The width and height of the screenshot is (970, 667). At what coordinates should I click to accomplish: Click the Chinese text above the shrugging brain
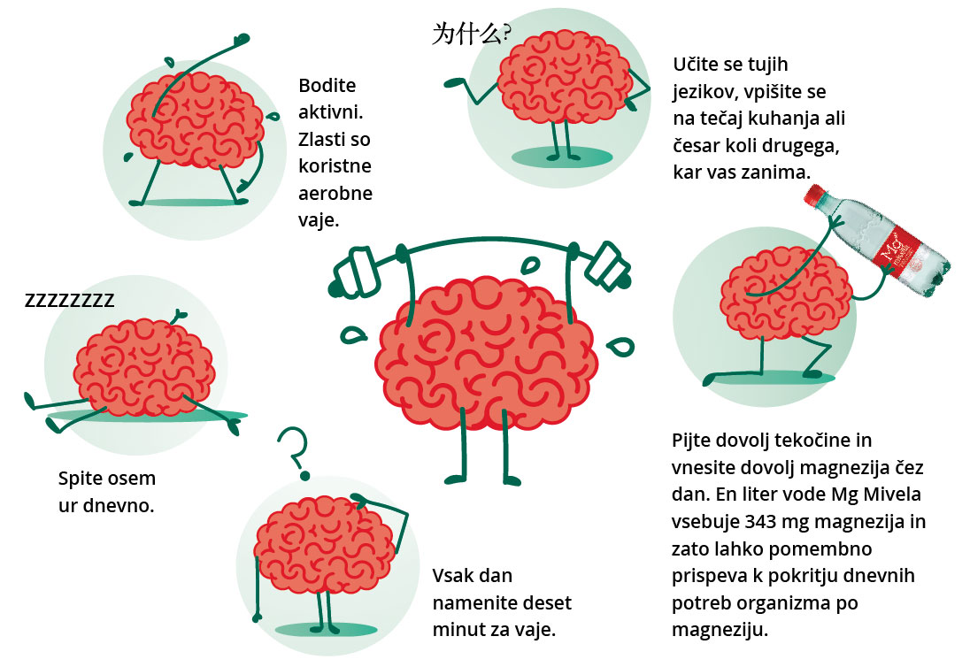(470, 34)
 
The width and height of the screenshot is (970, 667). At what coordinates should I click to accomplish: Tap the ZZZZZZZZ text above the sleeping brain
(69, 301)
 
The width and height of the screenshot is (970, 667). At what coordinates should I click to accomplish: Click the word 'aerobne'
(335, 193)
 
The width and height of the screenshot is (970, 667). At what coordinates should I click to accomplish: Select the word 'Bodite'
(327, 86)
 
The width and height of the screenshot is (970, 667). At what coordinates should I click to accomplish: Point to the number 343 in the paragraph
(765, 522)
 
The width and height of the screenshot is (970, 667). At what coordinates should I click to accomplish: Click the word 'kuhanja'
(781, 118)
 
